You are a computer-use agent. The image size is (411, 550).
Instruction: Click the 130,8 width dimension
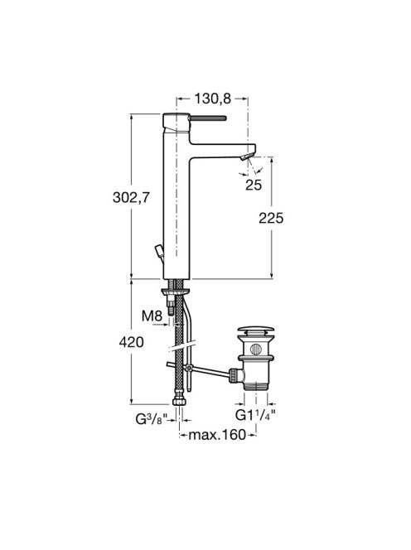pyautogui.click(x=213, y=99)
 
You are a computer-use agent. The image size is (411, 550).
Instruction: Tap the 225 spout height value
pyautogui.click(x=271, y=218)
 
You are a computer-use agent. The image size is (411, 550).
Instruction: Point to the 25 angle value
pyautogui.click(x=254, y=185)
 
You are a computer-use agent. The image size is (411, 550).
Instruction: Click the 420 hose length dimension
pyautogui.click(x=131, y=342)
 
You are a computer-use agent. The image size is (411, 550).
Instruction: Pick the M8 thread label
pyautogui.click(x=152, y=316)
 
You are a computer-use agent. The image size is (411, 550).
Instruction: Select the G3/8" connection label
pyautogui.click(x=152, y=419)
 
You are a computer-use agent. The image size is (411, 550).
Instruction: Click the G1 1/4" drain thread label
pyautogui.click(x=255, y=415)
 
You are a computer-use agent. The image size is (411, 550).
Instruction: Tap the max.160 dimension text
pyautogui.click(x=217, y=436)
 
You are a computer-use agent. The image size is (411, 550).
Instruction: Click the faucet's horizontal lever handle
pyautogui.click(x=208, y=118)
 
